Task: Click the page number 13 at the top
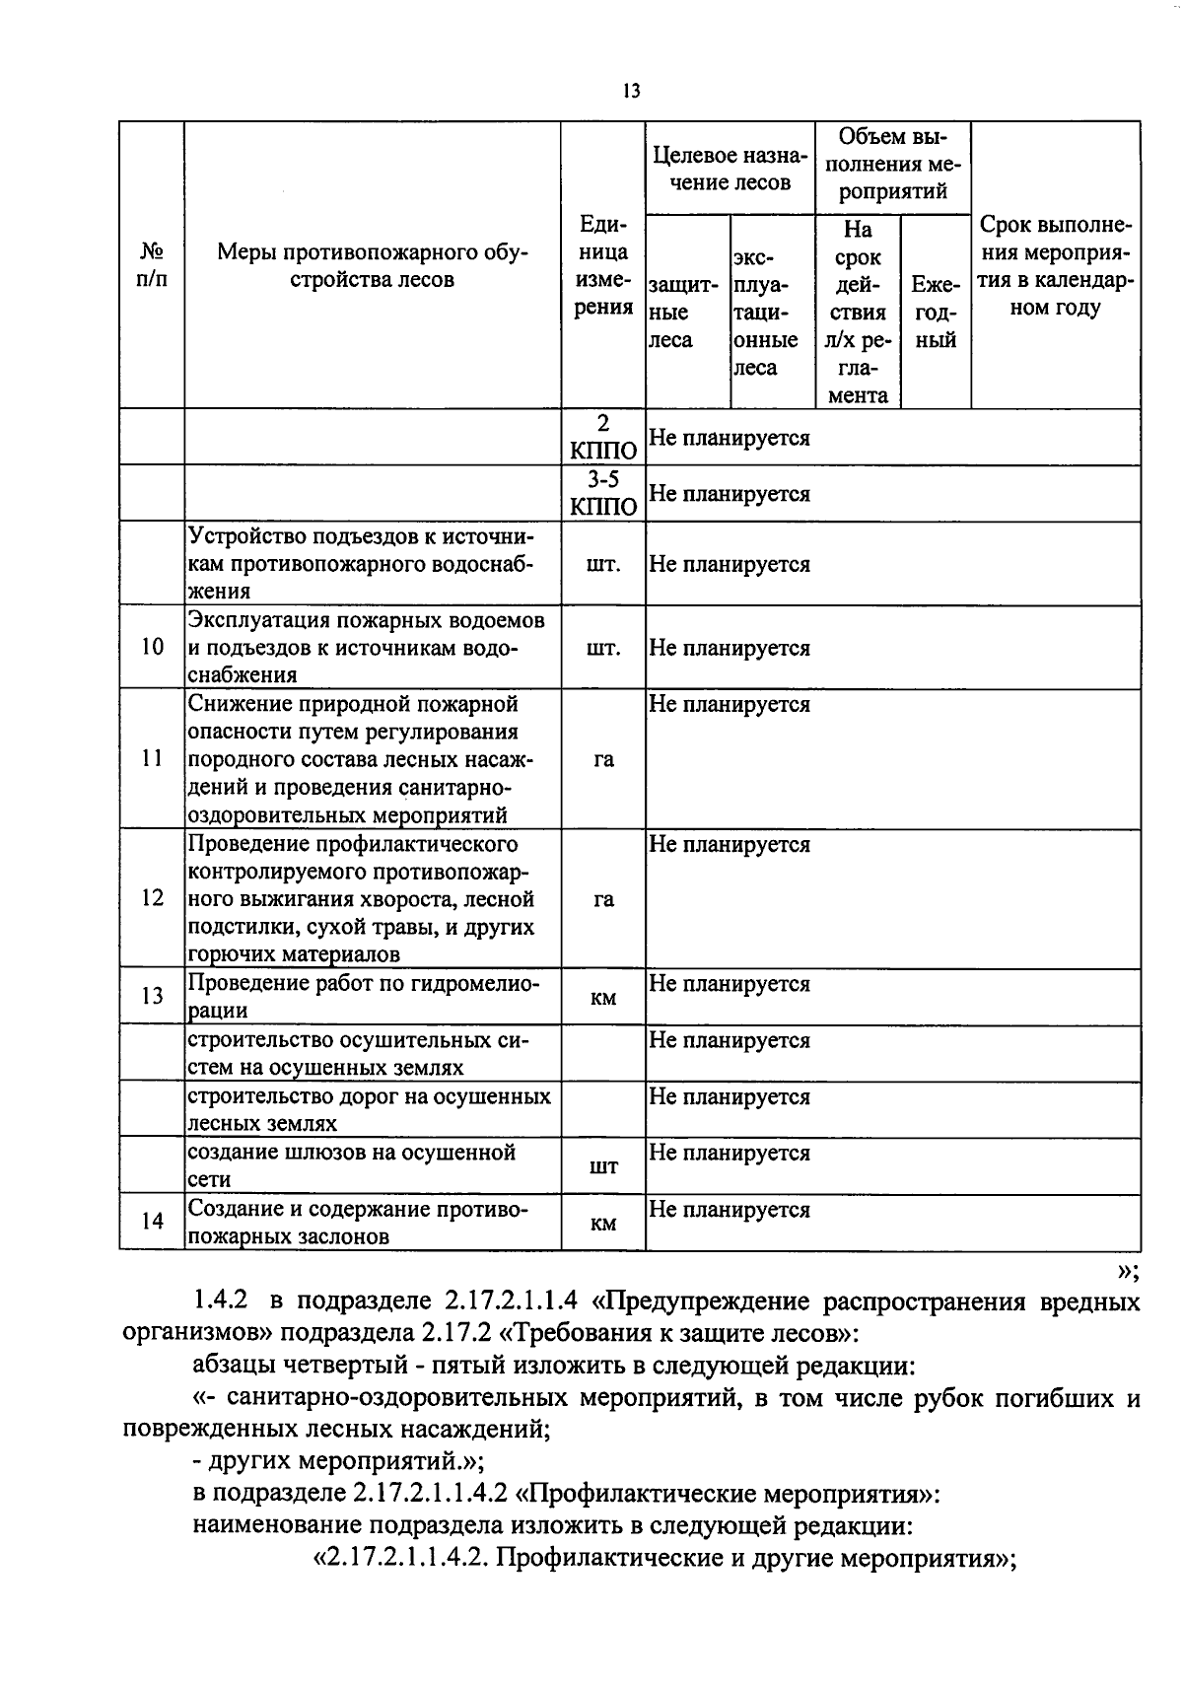pos(631,92)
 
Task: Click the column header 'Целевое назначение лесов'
pos(730,169)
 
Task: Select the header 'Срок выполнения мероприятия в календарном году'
pos(1055,266)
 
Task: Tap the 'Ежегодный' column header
pos(935,313)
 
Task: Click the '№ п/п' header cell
pos(152,265)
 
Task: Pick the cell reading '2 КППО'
pos(603,437)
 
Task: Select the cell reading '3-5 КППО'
pos(603,493)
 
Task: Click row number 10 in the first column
pos(152,648)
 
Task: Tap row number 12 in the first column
pos(152,898)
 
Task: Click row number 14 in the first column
pos(152,1222)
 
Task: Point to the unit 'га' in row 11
pos(603,759)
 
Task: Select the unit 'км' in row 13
pos(603,998)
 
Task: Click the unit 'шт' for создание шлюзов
pos(603,1166)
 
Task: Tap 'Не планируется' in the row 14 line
pos(730,1210)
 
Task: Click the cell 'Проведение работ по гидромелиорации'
pos(365,997)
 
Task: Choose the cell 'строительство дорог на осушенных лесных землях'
pos(370,1109)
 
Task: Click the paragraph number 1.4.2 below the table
pos(221,1302)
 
